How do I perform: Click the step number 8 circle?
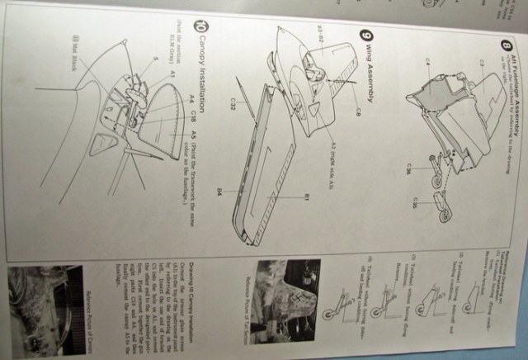pos(506,46)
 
